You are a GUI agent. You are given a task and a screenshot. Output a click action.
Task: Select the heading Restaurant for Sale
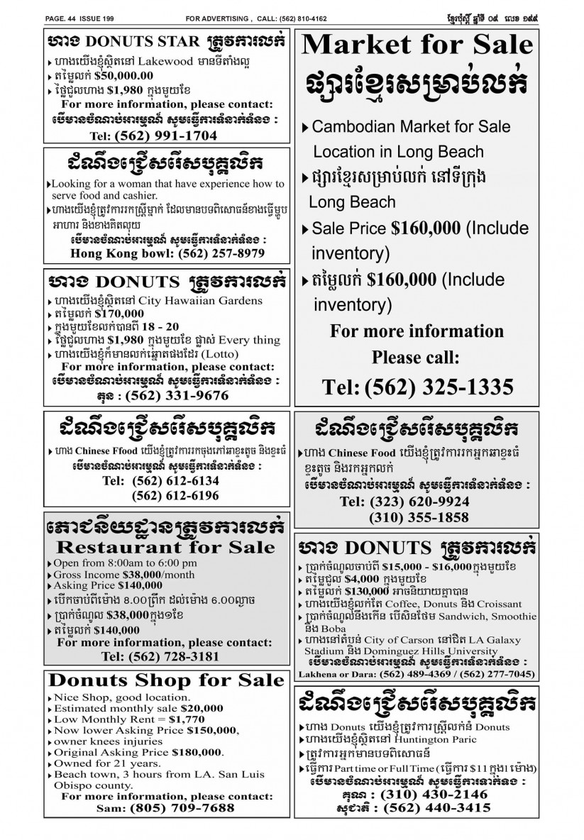[165, 547]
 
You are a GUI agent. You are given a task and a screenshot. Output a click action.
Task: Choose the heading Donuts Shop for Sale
[166, 681]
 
